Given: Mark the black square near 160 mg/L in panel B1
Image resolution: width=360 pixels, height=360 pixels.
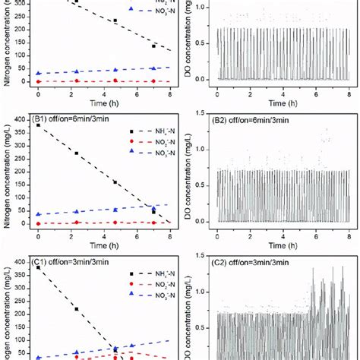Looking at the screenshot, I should [115, 182].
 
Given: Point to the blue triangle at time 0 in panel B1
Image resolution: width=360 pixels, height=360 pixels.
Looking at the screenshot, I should [38, 215].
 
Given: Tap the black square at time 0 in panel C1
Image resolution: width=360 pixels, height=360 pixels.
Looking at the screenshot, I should [38, 267].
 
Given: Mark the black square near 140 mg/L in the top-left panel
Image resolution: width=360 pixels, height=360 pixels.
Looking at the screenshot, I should [154, 46].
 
